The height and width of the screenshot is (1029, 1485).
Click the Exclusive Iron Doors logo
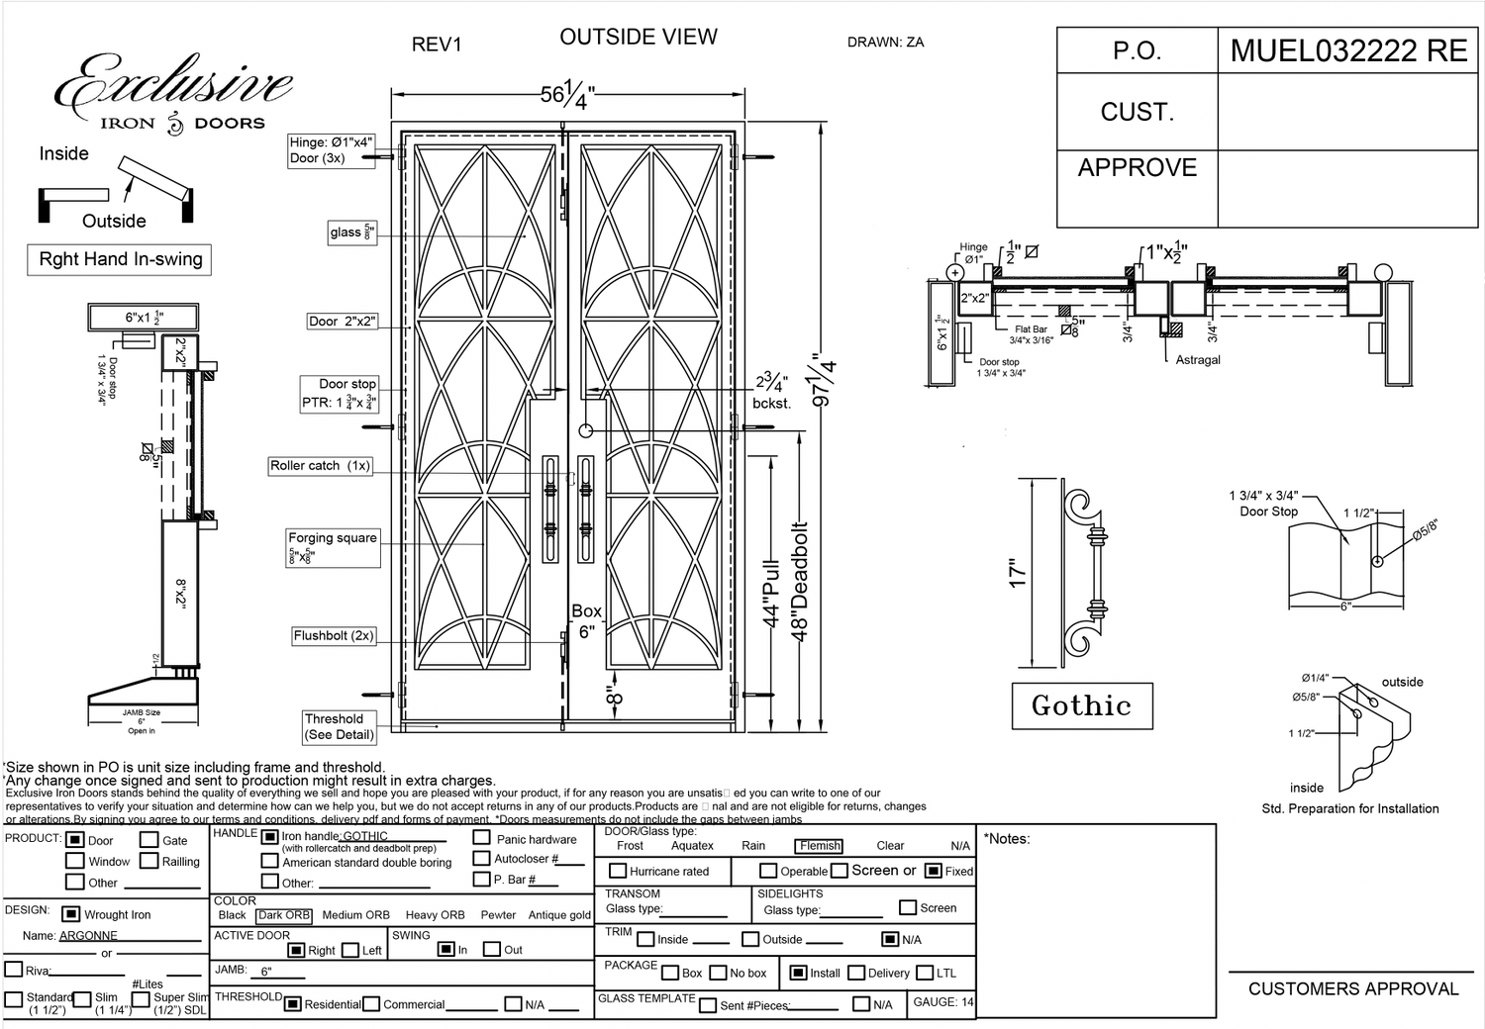click(x=173, y=94)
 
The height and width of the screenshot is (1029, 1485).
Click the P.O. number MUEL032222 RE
click(x=1348, y=50)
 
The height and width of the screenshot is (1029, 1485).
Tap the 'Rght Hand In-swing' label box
click(x=120, y=259)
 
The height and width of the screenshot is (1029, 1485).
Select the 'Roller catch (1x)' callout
click(x=320, y=465)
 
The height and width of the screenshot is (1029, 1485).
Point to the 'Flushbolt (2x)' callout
click(x=334, y=635)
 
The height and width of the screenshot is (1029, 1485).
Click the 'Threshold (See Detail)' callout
click(x=339, y=727)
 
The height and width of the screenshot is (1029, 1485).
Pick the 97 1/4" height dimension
click(x=824, y=381)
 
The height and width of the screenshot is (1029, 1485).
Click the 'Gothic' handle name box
click(x=1081, y=705)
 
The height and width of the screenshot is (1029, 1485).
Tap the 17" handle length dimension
click(x=1018, y=574)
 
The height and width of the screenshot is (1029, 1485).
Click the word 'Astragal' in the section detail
click(x=1198, y=360)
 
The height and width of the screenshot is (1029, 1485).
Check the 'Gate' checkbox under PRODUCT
click(x=149, y=840)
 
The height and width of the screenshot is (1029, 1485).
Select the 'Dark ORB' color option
click(x=284, y=915)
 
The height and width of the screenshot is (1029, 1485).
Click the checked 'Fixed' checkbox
click(x=933, y=871)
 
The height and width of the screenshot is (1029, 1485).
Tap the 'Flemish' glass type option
click(x=820, y=846)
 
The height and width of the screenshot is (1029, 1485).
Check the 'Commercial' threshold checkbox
click(x=371, y=1004)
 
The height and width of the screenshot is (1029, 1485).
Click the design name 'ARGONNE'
click(x=88, y=935)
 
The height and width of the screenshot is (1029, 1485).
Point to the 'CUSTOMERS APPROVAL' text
click(x=1352, y=988)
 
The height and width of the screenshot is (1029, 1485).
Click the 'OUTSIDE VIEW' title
click(x=639, y=38)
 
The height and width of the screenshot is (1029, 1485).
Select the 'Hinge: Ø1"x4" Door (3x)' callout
click(x=332, y=150)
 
